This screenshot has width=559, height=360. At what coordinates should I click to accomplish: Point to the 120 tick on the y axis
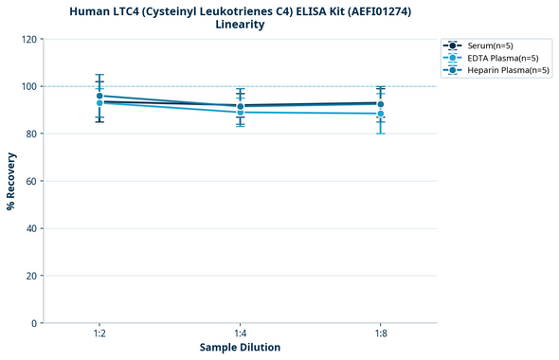(x=31, y=39)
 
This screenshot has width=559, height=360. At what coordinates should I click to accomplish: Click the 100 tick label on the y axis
(x=31, y=86)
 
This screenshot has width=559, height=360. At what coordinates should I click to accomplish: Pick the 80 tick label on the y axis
(x=33, y=134)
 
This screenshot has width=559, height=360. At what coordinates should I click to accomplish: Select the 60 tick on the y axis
(x=33, y=181)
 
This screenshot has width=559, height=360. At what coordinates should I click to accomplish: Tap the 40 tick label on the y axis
(x=33, y=228)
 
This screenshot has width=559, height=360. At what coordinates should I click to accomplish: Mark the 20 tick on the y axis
(x=33, y=276)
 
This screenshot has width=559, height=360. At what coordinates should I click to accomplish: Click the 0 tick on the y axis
(x=36, y=323)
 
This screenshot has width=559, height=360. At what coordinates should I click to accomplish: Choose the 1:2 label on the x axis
(x=99, y=333)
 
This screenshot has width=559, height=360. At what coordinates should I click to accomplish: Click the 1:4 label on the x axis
(x=240, y=333)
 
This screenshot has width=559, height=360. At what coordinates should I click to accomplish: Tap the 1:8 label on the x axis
(x=380, y=333)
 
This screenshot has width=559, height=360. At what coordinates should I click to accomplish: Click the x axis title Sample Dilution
(x=240, y=348)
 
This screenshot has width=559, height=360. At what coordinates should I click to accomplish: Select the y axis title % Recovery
(x=11, y=180)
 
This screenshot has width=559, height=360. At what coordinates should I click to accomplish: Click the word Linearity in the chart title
(x=240, y=25)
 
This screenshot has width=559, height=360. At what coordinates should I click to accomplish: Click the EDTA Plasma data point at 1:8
(x=380, y=114)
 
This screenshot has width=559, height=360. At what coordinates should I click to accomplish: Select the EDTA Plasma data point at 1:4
(x=240, y=112)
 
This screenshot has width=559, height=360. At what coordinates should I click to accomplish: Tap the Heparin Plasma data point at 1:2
(x=99, y=96)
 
